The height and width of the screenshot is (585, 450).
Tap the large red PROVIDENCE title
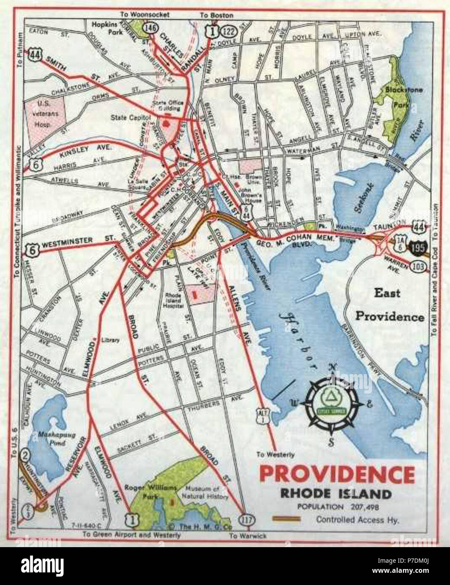click(337, 475)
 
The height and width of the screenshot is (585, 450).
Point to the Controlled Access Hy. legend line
click(286, 519)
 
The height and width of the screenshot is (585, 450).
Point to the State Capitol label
click(130, 118)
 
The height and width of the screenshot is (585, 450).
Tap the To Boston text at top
click(216, 16)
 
